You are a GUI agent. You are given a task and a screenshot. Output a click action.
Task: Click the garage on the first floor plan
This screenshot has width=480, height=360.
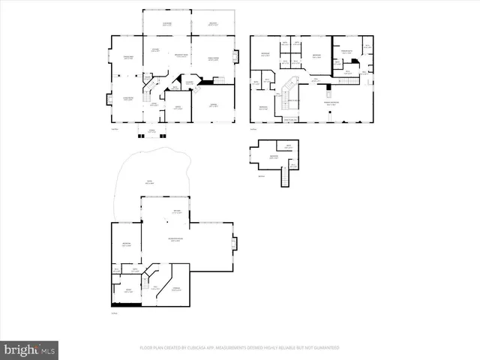214,106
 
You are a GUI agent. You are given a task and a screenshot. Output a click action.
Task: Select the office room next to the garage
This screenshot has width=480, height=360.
178,109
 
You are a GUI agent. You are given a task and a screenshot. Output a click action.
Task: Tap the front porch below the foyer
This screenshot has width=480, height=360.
152,132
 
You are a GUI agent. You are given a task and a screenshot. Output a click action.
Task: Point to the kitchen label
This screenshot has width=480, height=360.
156,50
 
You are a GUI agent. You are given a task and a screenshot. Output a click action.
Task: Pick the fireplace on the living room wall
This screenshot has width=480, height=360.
106,97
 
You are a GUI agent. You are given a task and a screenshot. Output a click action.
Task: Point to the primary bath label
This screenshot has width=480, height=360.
346,52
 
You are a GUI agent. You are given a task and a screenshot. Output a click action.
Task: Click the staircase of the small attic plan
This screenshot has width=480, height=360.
284,178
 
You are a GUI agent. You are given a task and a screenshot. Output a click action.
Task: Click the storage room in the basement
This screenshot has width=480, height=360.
177,289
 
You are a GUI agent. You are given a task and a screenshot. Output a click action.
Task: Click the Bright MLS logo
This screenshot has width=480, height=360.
29,349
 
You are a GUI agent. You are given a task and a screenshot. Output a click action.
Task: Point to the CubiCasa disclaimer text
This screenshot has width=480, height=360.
239,348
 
